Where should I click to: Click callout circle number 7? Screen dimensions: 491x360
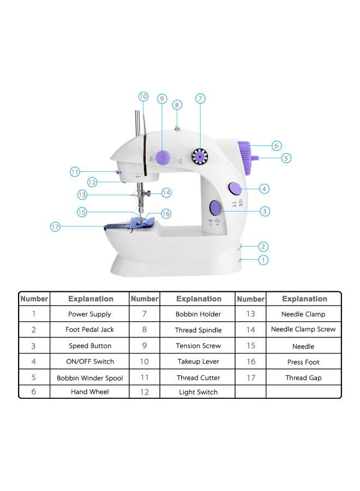[x=200, y=99]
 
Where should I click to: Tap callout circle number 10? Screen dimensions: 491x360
[x=143, y=97]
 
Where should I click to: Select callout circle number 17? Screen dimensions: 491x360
[x=55, y=226]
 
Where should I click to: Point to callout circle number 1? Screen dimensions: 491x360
[x=263, y=260]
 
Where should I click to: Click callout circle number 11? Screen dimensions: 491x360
[x=75, y=171]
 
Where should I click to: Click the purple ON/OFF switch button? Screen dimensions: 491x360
[x=235, y=189]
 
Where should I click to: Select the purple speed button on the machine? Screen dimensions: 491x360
[x=215, y=208]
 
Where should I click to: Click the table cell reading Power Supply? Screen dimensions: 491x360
[x=89, y=314]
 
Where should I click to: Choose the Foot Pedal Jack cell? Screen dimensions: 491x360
[x=89, y=330]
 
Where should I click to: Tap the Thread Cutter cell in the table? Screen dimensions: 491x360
[x=199, y=378]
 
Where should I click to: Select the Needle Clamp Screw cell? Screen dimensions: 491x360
[x=303, y=330]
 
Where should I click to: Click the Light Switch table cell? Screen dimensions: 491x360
[x=199, y=392]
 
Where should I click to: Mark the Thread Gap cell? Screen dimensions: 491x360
[x=303, y=378]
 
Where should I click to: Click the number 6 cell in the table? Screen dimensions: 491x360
[x=34, y=392]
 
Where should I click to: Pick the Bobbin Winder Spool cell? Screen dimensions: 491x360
[x=89, y=378]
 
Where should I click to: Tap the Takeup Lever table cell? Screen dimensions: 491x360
[x=199, y=362]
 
